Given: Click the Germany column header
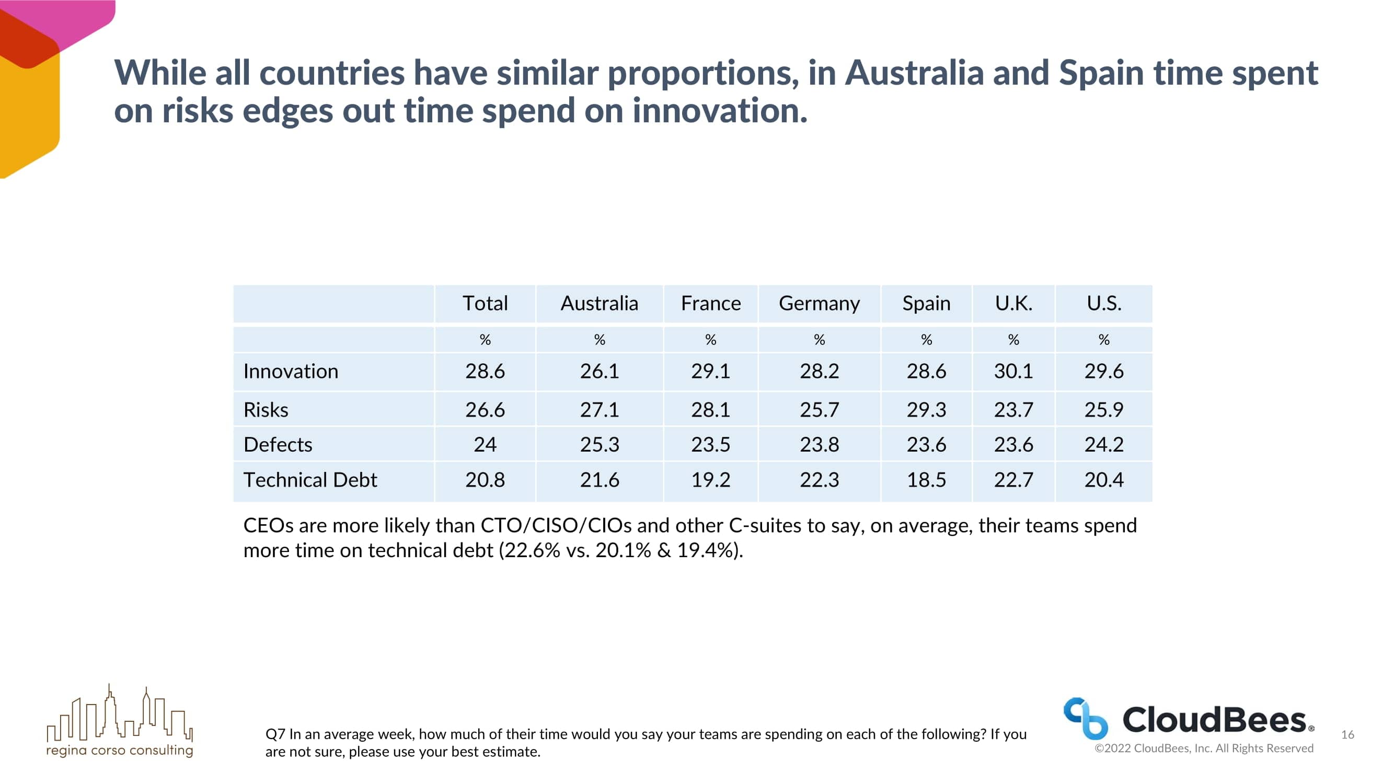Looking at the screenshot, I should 819,304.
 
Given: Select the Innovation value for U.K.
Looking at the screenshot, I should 1013,371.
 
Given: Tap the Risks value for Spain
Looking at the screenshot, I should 926,410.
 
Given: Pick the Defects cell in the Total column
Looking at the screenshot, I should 485,444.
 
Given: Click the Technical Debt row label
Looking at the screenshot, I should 310,480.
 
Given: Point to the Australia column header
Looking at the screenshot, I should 599,304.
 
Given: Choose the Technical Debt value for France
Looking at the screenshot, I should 710,480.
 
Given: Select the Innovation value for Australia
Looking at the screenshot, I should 599,371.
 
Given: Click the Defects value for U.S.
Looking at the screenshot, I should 1103,444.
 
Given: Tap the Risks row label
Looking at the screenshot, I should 266,410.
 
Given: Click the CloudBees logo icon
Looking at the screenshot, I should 1085,718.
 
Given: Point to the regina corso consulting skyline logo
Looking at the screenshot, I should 120,714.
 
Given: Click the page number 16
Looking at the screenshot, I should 1347,734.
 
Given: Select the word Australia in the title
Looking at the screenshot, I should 914,73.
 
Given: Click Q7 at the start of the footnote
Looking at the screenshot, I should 275,734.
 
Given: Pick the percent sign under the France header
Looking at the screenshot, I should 710,340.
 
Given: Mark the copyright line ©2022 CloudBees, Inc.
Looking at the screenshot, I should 1204,748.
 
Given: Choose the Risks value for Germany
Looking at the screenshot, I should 819,410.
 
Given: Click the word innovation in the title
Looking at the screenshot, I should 720,111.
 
